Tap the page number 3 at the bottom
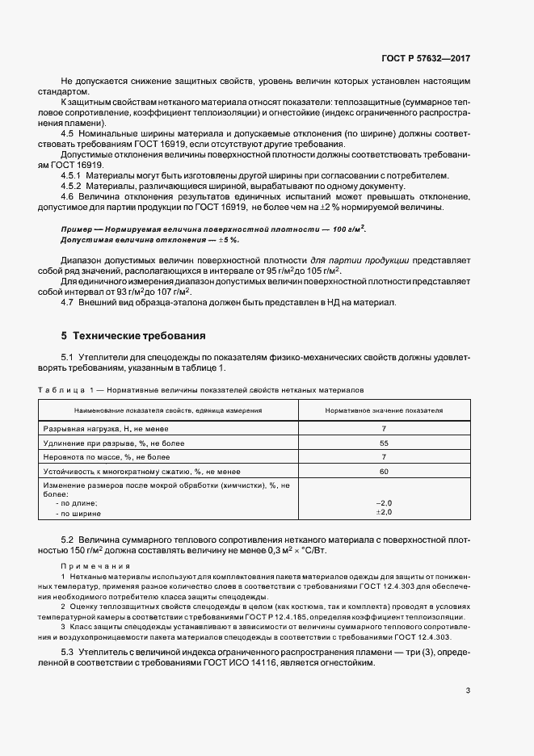point(469,690)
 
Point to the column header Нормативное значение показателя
point(384,410)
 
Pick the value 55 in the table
point(384,443)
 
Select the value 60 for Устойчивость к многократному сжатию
point(384,471)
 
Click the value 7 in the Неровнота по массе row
point(384,456)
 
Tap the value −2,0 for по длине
point(384,502)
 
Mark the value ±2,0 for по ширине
point(384,512)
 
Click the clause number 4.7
point(68,302)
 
